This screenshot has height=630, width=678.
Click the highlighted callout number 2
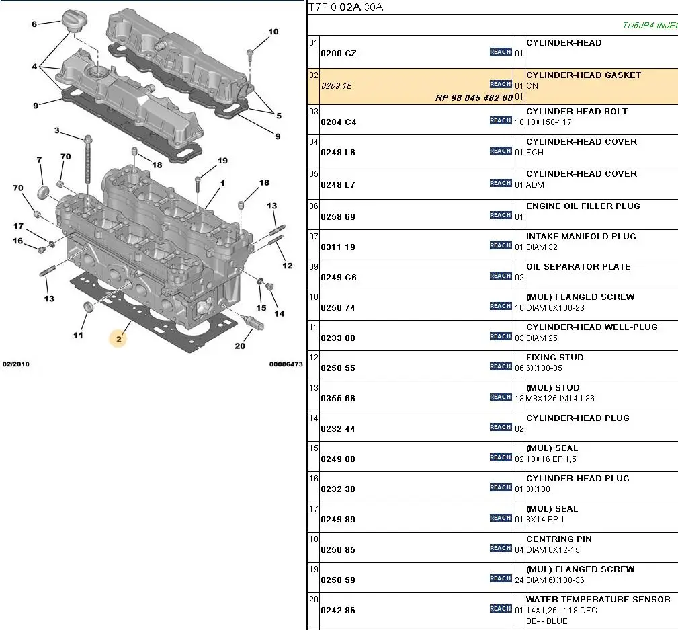coord(118,339)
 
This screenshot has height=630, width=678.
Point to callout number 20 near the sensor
coord(240,346)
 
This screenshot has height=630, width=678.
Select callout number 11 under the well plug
coord(79,335)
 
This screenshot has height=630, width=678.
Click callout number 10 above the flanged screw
coord(273,32)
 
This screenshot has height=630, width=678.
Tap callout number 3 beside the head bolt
coord(56,130)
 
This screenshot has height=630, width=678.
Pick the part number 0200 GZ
coord(339,54)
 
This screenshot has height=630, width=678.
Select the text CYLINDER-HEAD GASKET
coord(583,75)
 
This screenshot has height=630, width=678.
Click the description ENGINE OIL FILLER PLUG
coord(583,206)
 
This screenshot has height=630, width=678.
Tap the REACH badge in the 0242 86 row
coord(501,608)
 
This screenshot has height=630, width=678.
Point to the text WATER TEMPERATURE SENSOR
coord(598,600)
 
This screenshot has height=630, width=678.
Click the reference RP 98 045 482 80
coord(474,97)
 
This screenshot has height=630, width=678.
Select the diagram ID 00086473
coord(286,364)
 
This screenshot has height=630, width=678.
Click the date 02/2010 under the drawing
coord(16,364)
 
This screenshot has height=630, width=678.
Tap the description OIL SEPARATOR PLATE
coord(578,267)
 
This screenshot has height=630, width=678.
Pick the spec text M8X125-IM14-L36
coord(560,399)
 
